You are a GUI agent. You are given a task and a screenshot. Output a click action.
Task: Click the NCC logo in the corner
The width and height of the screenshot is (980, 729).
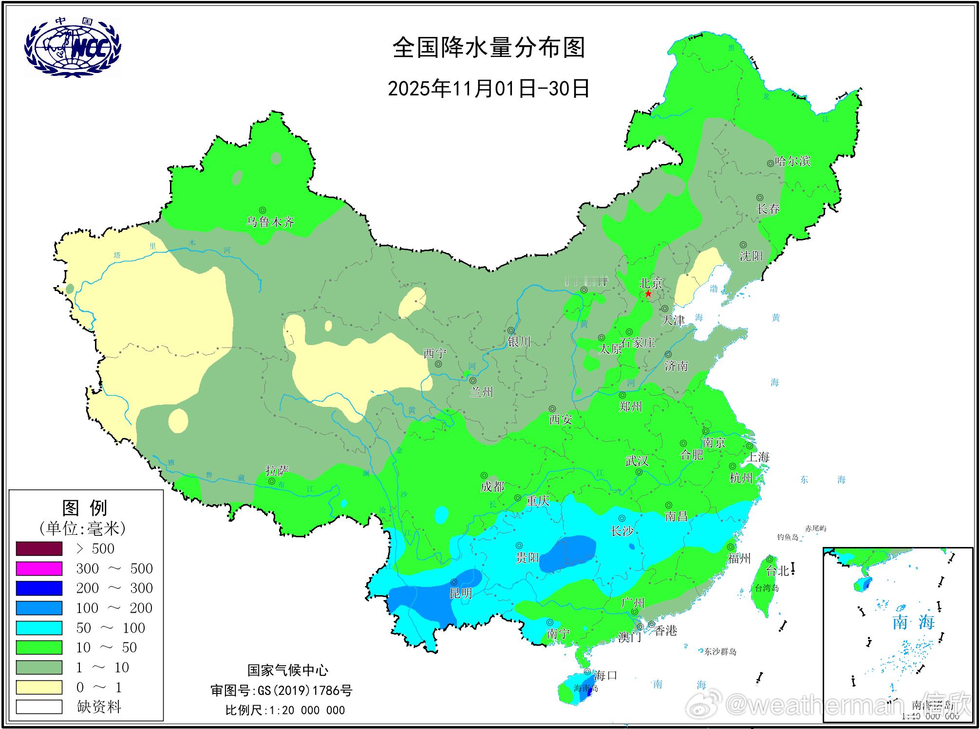click(73, 47)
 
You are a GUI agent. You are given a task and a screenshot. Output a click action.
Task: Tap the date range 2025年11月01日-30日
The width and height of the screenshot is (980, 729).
click(489, 89)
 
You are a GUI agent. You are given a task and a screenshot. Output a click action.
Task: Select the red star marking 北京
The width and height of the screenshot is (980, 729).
click(648, 294)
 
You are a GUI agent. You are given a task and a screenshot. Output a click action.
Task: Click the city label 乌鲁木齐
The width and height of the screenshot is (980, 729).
click(270, 222)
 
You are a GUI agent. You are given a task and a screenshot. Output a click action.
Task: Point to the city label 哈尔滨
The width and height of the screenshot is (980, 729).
click(792, 161)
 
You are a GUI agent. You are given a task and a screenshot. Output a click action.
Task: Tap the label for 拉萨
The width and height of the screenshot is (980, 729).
click(277, 471)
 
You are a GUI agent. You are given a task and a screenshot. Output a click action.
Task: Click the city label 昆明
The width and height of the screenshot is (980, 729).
click(460, 593)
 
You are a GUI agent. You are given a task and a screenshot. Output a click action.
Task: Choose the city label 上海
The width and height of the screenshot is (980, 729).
click(758, 457)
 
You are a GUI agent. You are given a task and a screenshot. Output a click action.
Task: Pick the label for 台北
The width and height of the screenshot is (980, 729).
click(777, 571)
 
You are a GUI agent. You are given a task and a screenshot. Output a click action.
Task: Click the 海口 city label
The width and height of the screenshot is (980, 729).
click(605, 675)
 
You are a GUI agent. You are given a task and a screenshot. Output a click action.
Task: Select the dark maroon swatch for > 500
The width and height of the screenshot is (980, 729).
click(39, 548)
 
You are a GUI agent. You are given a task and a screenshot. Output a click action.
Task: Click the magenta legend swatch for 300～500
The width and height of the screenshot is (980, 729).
click(39, 568)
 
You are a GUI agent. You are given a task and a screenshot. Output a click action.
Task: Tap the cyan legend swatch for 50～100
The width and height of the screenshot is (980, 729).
click(39, 628)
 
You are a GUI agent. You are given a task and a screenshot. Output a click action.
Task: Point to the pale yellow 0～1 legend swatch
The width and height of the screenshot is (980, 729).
click(39, 687)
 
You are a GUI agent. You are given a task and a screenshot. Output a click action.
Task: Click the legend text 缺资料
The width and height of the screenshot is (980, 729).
click(99, 707)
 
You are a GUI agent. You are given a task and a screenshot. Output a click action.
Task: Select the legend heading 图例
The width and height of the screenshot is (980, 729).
click(85, 508)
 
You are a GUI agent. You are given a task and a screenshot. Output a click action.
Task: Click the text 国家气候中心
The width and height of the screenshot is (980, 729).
click(288, 671)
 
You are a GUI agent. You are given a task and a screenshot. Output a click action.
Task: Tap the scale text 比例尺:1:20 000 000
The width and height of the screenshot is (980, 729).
click(285, 710)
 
